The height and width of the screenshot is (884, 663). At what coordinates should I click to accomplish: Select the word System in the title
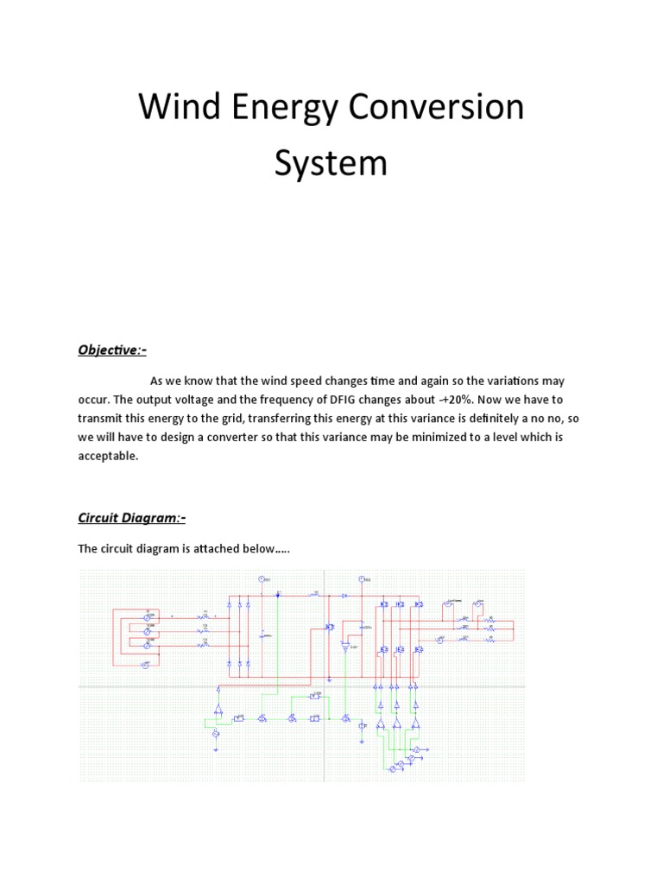(x=331, y=163)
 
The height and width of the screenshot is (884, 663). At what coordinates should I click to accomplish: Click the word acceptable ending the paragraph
(x=108, y=456)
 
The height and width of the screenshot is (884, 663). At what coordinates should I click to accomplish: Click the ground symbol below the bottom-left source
(x=216, y=748)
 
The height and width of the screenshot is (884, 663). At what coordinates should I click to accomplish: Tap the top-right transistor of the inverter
(x=418, y=605)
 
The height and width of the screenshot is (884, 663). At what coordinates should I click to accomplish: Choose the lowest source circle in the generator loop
(x=145, y=664)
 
